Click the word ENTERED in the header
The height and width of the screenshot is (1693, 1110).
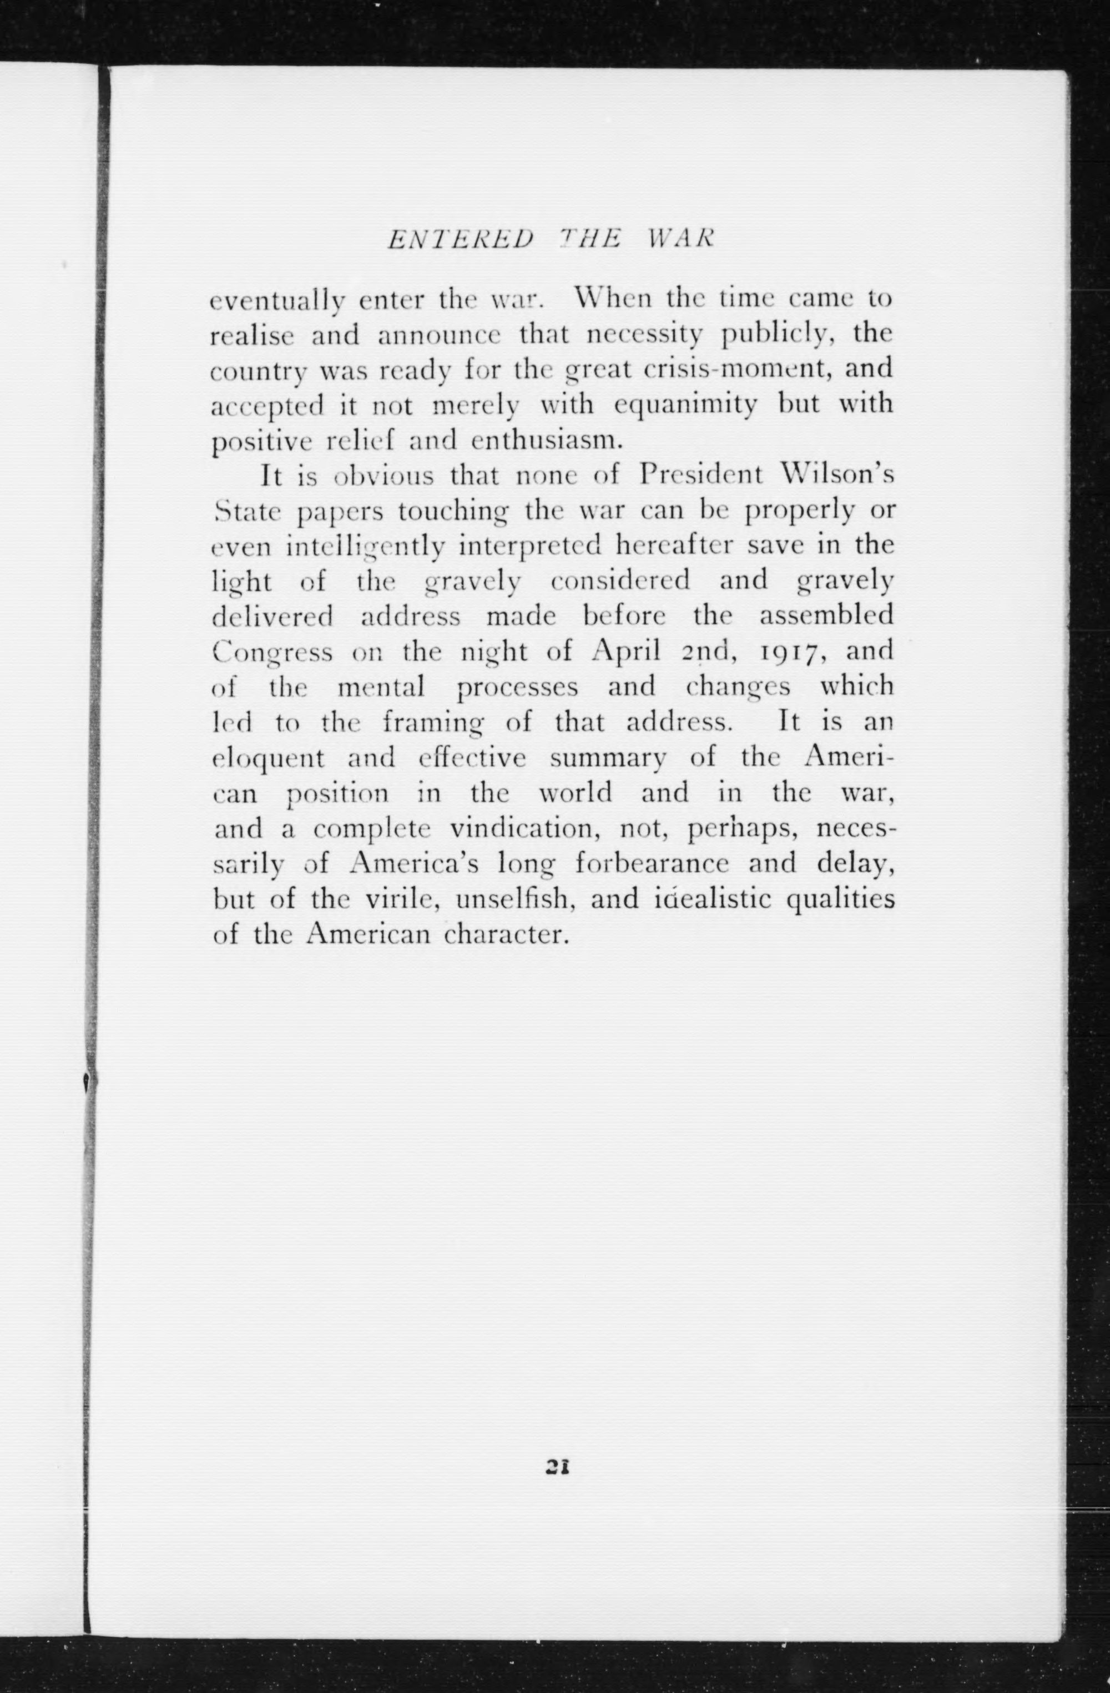(460, 240)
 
